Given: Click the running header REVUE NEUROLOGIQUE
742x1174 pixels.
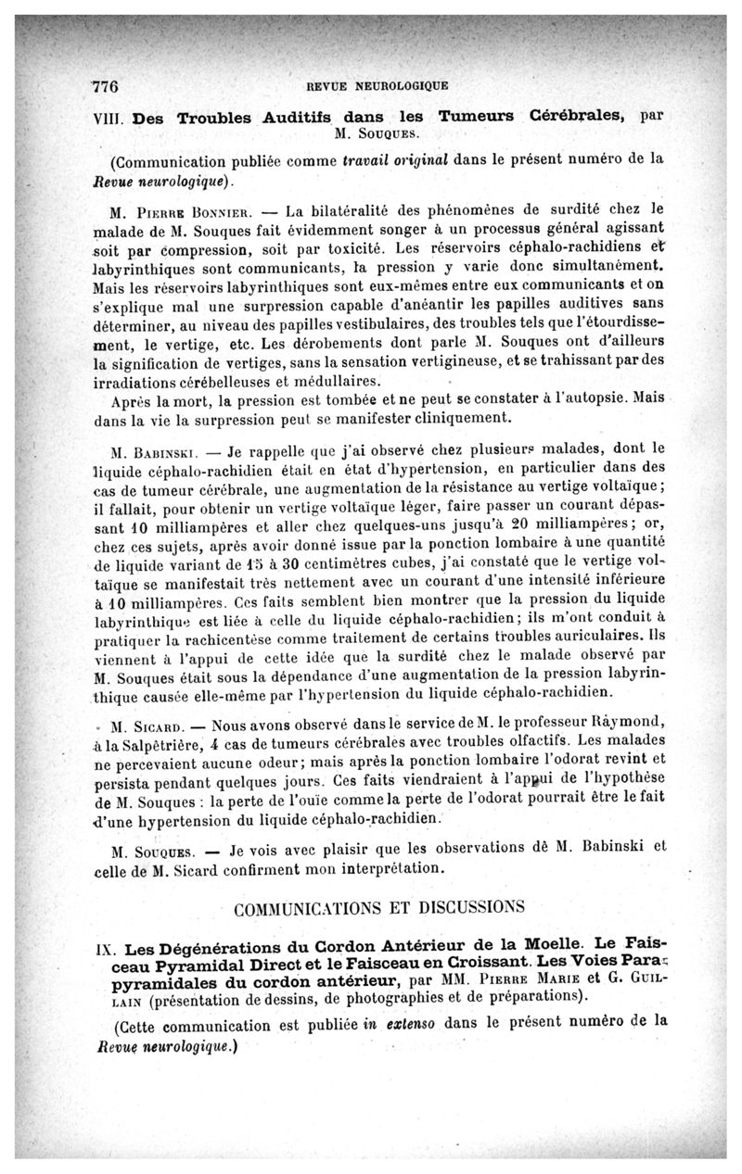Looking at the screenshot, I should point(377,86).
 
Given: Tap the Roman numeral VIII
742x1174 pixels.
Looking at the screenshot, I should point(110,119).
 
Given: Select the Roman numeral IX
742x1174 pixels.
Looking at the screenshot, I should point(108,950).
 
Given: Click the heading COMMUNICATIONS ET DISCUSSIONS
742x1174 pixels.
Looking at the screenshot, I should point(380,906).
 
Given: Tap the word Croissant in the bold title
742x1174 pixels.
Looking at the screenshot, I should point(453,967).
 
